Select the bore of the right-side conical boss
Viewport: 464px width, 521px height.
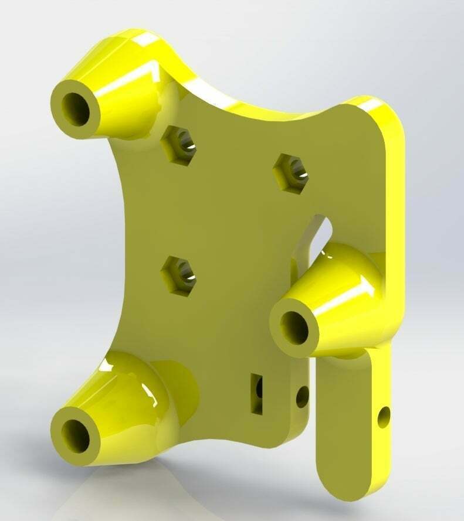294,328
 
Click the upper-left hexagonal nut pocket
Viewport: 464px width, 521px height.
177,145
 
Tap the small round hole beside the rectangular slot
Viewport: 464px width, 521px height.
302,397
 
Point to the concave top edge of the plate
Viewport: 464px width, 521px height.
258,111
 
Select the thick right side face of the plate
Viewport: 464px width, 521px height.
394,193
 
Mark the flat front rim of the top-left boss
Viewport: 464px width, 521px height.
62,126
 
